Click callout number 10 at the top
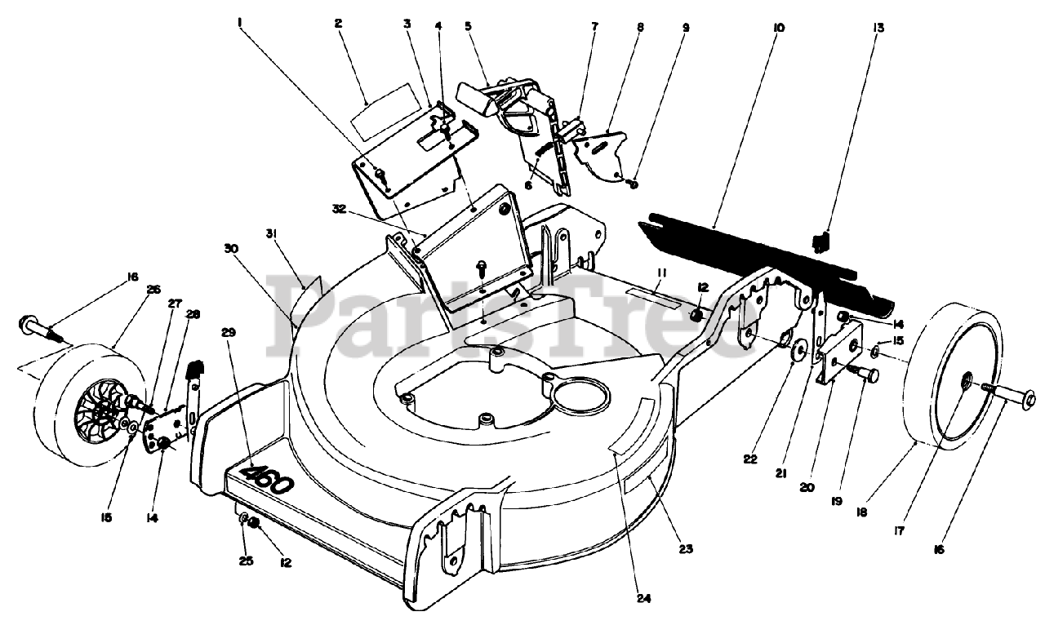[x=777, y=28]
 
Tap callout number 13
[x=878, y=28]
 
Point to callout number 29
[x=228, y=333]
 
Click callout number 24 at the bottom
[x=645, y=598]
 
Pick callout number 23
[x=685, y=549]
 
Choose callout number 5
[x=468, y=26]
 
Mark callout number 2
[x=338, y=24]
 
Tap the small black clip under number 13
[x=821, y=242]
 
